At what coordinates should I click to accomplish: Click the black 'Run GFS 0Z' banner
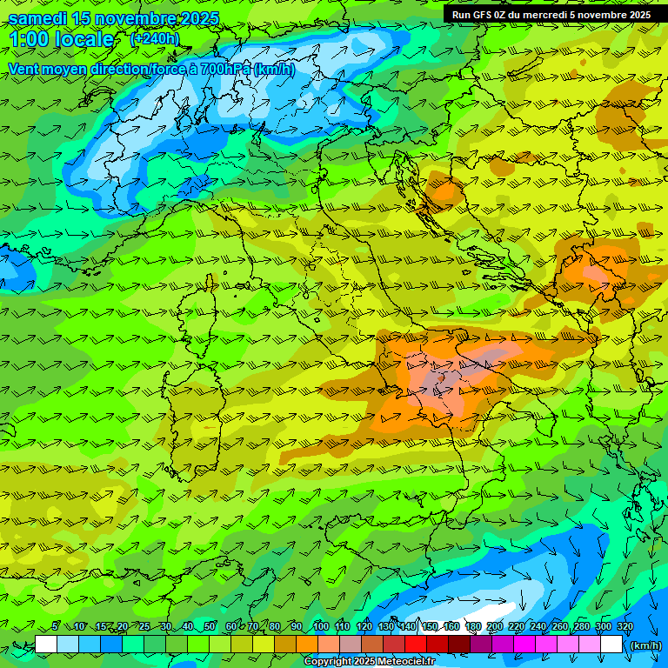pyautogui.click(x=551, y=15)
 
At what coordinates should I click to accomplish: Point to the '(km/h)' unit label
pyautogui.click(x=645, y=645)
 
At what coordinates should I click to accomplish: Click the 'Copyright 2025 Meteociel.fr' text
pyautogui.click(x=370, y=662)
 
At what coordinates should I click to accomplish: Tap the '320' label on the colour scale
pyautogui.click(x=625, y=627)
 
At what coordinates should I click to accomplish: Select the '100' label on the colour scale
pyautogui.click(x=321, y=627)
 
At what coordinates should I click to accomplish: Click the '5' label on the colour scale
pyautogui.click(x=56, y=627)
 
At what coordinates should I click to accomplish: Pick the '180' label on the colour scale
pyautogui.click(x=473, y=627)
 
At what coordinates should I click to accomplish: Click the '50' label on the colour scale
pyautogui.click(x=210, y=627)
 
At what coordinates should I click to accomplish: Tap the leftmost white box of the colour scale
pyautogui.click(x=46, y=645)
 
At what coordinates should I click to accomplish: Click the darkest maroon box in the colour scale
pyautogui.click(x=459, y=645)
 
